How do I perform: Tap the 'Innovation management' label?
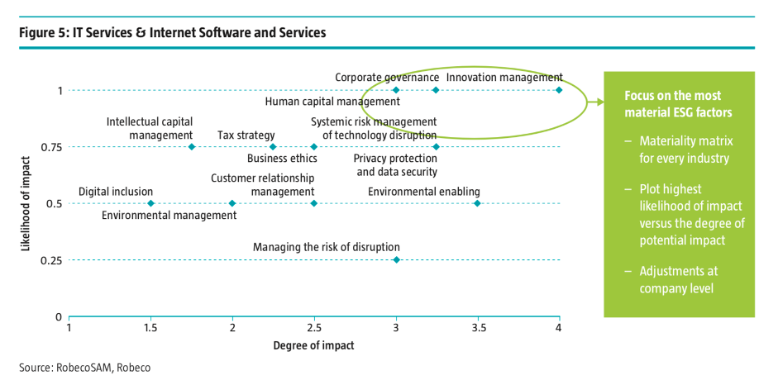[504, 78]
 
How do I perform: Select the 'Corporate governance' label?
[387, 78]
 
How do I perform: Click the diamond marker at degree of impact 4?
[559, 90]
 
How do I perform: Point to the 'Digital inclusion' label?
[116, 192]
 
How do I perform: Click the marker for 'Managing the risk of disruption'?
[396, 260]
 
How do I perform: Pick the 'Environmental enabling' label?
[424, 192]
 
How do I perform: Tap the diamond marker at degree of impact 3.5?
[477, 203]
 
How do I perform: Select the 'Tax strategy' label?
[246, 135]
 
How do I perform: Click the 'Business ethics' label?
[282, 159]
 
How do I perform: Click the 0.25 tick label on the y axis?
[51, 261]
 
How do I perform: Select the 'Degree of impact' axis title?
[313, 345]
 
